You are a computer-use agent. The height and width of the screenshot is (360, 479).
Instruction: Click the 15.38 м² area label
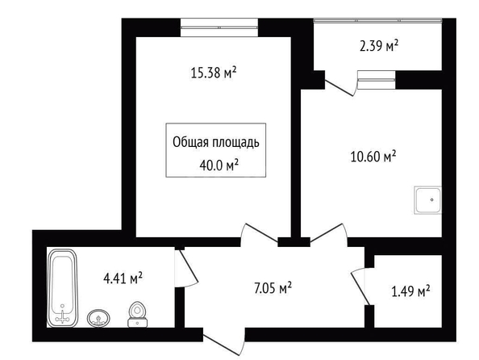point(214,73)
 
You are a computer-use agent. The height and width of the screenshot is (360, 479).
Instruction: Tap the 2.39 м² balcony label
point(379,46)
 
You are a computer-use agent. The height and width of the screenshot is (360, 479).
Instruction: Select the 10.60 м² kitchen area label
point(373,157)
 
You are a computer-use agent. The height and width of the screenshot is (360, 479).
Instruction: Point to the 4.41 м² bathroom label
point(123,278)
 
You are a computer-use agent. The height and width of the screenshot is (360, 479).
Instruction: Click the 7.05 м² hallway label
point(273,287)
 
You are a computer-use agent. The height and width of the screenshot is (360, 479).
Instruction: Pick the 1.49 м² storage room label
point(411,291)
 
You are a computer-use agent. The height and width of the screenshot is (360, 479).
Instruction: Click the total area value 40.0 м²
point(219,165)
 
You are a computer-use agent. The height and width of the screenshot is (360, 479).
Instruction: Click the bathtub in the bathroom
point(63,288)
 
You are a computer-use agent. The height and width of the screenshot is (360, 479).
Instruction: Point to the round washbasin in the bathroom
point(98,318)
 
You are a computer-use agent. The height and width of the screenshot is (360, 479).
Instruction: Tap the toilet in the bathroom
point(137,315)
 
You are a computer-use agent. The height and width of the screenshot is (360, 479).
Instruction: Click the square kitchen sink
point(427,200)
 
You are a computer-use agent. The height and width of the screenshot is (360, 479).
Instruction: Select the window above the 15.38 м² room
point(219,27)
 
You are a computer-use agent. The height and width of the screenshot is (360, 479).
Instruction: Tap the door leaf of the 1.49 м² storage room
point(360,288)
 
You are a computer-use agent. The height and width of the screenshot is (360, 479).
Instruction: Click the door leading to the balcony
point(340,88)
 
